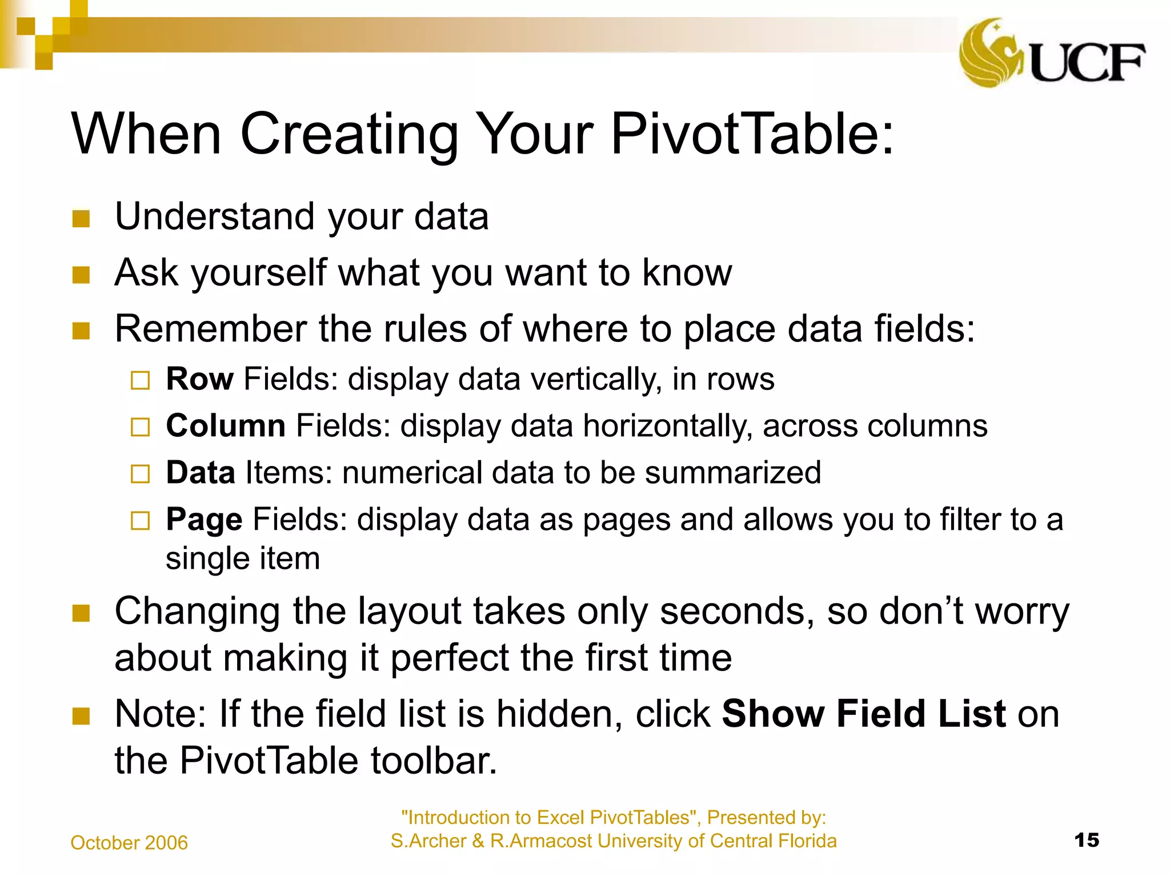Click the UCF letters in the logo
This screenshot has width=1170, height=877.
1087,62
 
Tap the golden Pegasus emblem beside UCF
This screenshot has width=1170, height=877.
991,53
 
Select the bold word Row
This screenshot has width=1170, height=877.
199,379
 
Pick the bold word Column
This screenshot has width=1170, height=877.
226,425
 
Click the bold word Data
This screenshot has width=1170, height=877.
201,472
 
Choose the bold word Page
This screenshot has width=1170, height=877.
204,520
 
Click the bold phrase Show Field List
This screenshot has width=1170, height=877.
863,714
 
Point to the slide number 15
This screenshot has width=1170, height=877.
1086,840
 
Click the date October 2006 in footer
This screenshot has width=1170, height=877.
129,843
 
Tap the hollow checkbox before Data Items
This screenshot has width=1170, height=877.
140,474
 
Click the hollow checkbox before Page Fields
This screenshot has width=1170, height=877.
140,521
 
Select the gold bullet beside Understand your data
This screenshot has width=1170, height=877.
81,219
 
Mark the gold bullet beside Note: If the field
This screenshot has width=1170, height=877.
81,716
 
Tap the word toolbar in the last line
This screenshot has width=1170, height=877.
434,761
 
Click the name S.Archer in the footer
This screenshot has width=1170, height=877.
428,841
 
